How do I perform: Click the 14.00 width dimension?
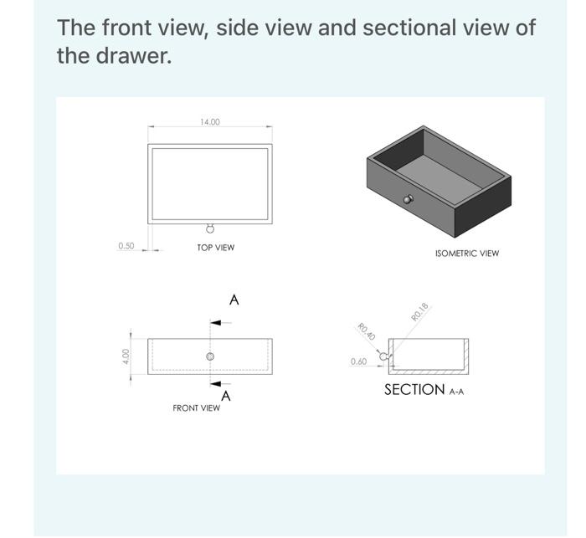210,122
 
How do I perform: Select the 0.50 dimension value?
126,246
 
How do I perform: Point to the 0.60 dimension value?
358,361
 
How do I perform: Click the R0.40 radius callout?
365,331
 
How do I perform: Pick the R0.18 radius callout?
420,311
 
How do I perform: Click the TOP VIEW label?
215,248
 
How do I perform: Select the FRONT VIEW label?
197,408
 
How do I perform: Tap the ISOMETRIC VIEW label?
466,253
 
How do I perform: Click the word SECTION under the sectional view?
414,390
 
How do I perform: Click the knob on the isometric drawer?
408,199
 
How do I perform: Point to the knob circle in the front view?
211,357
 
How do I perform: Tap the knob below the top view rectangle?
210,228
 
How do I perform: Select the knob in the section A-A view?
384,356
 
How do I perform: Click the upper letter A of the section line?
234,300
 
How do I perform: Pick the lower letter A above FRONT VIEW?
226,396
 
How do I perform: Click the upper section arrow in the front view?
215,322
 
